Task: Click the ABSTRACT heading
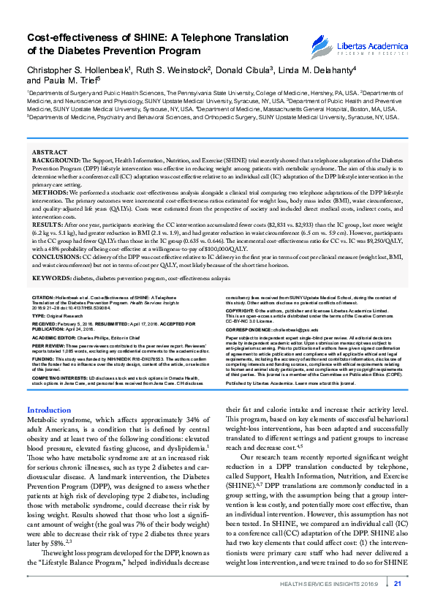[49, 151]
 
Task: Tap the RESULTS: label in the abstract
[45, 216]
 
